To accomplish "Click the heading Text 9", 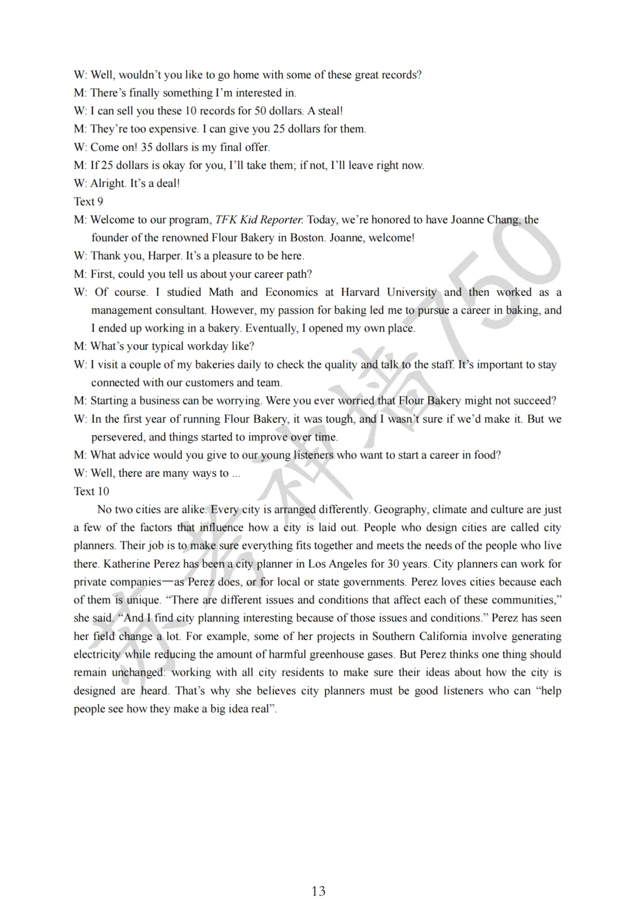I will pos(88,201).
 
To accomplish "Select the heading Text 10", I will pos(91,491).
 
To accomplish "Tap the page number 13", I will pos(318,891).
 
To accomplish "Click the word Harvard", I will pos(360,292).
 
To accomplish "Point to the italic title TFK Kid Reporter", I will pos(259,220).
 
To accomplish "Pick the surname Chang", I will pos(503,220).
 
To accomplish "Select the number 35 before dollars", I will pos(147,147).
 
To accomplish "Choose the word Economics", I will pos(291,292).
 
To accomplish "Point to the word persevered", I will pos(117,437).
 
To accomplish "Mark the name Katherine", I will pos(127,563).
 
